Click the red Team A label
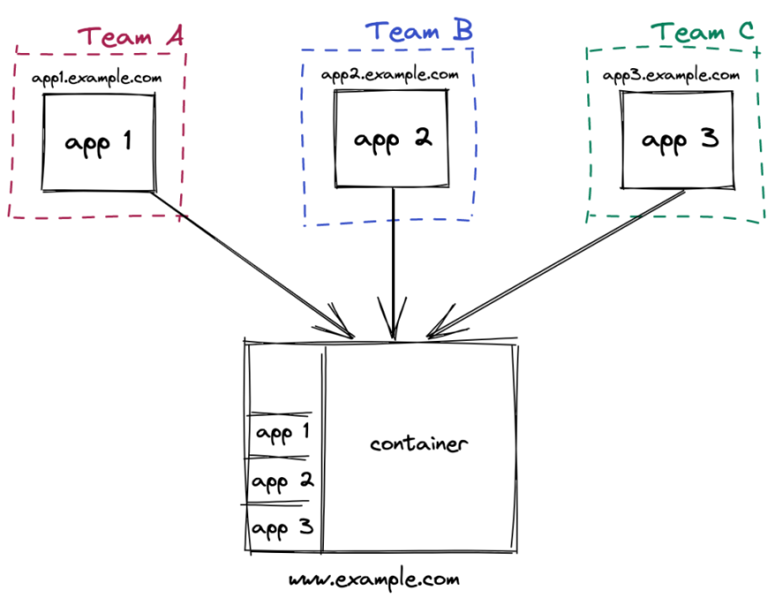tap(130, 36)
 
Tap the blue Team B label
tap(418, 31)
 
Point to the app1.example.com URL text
tap(97, 78)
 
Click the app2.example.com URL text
tap(390, 74)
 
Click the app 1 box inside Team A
tap(98, 142)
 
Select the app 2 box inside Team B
tap(393, 138)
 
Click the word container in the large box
tap(418, 444)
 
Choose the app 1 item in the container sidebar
tap(283, 434)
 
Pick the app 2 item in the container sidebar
tap(283, 481)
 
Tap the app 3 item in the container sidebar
tap(283, 528)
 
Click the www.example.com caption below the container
tap(374, 580)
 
